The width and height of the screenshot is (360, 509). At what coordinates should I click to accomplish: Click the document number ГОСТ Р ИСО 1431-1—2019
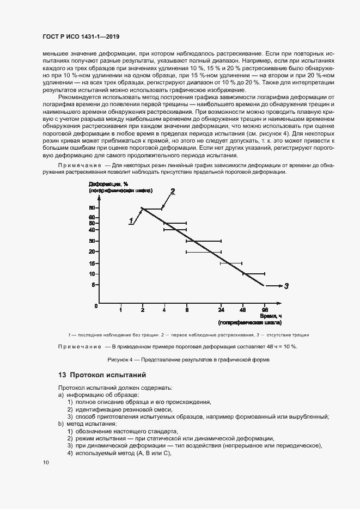coord(81,37)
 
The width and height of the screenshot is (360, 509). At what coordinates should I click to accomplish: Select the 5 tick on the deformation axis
coord(94,285)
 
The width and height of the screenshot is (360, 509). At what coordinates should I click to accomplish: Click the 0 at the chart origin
coord(95,306)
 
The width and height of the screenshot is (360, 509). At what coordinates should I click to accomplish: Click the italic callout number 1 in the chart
coord(131,220)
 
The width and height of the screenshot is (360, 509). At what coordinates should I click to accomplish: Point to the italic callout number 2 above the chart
coord(173,191)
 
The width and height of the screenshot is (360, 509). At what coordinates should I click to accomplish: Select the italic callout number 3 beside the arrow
coord(286,285)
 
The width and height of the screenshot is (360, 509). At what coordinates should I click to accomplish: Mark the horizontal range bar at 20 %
coord(203,252)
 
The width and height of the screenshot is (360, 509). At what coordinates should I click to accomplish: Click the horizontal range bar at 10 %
coord(253,274)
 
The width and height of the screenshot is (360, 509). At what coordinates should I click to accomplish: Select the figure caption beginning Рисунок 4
coord(180,360)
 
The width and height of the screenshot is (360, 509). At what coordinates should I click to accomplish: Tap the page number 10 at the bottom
coord(46,462)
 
